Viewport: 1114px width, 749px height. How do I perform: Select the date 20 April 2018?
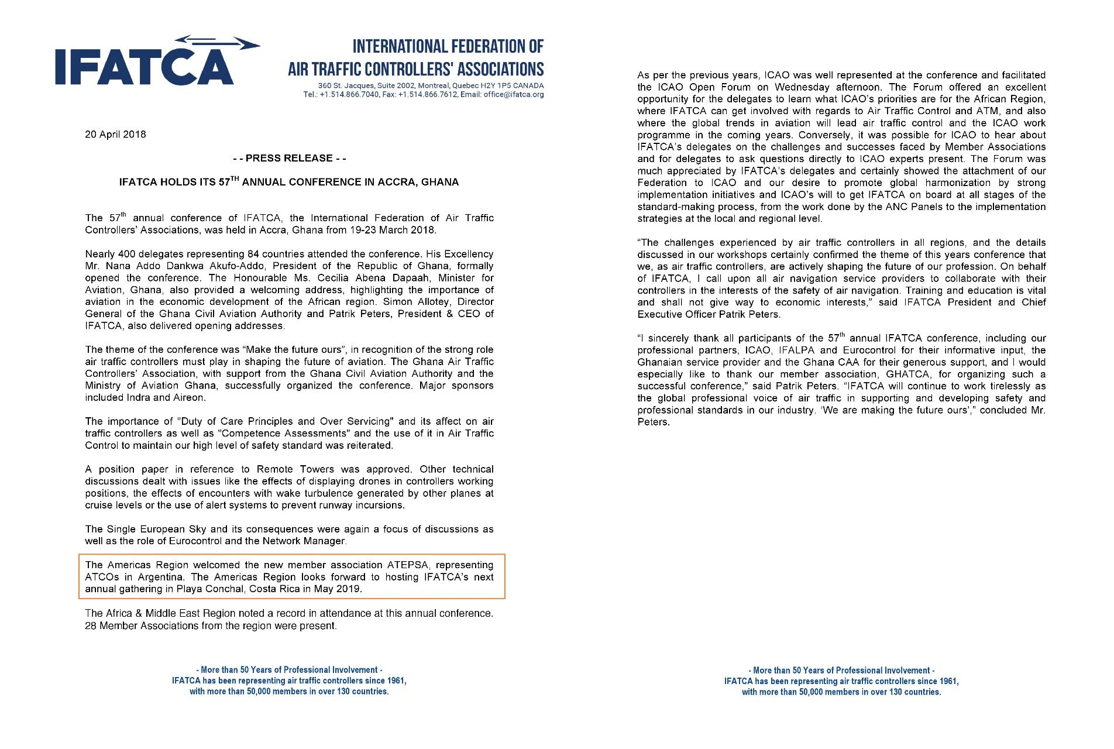(115, 135)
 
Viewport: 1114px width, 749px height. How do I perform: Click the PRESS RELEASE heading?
(289, 158)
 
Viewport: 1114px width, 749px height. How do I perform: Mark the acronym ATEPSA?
(408, 565)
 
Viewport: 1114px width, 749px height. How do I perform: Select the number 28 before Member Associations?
(91, 626)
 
